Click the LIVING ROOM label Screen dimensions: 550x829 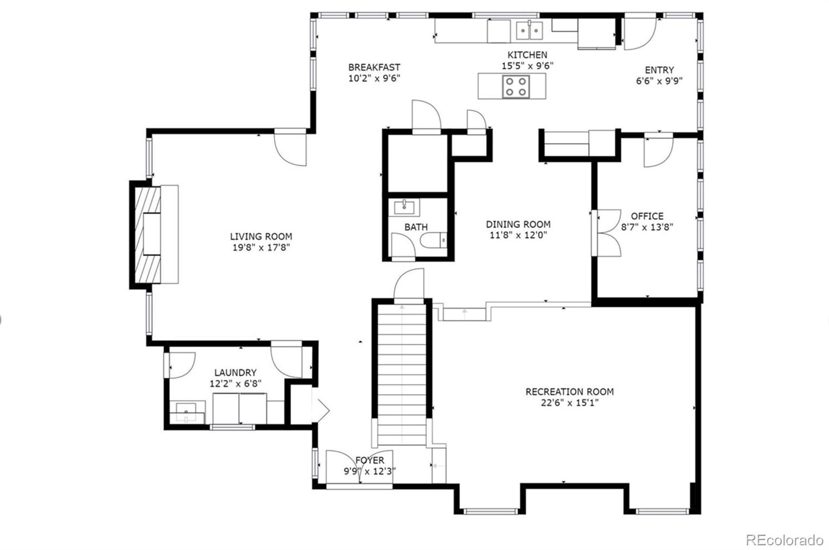tap(261, 236)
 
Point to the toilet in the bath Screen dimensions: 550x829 tap(433, 241)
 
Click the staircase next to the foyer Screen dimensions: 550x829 tap(403, 373)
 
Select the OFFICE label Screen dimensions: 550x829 tap(647, 216)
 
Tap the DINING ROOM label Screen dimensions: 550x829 tap(518, 224)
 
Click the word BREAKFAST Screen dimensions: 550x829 tap(374, 67)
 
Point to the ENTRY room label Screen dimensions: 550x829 tap(659, 70)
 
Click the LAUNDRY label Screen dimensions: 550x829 tap(235, 372)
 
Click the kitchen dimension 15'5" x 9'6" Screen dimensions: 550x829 tap(527, 66)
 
